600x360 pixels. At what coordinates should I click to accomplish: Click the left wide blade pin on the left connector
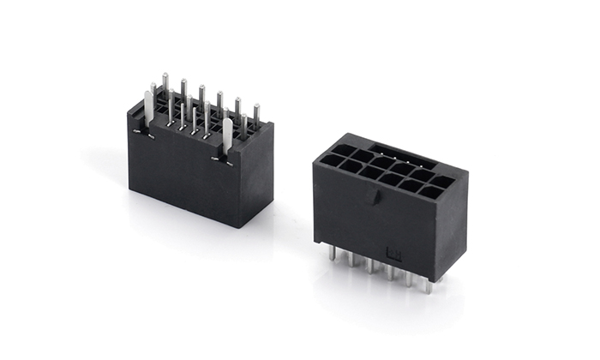point(148,110)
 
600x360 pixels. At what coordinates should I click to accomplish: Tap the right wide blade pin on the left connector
point(227,135)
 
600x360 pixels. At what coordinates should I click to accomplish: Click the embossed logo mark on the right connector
point(396,253)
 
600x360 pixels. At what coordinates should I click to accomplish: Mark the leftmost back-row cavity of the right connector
point(343,149)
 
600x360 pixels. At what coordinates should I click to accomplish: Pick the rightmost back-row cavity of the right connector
point(443,182)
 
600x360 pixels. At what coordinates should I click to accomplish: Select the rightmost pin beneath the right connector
point(427,285)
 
